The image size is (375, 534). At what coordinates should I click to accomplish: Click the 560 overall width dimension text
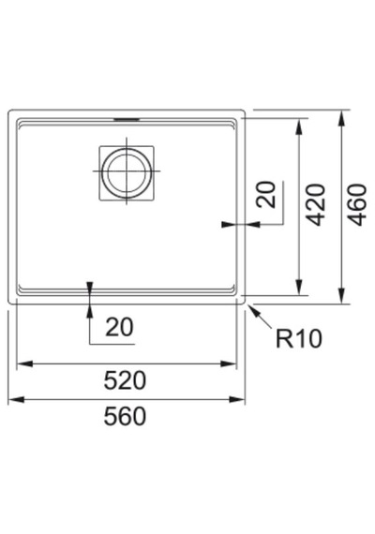pos(125,416)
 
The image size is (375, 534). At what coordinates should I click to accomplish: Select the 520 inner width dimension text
pos(125,380)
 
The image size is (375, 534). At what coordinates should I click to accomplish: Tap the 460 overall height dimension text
pos(357,204)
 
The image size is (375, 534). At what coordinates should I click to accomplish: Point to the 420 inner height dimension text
pos(315,204)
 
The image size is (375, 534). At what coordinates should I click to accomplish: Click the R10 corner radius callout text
pos(299,338)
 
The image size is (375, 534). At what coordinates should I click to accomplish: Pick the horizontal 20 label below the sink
pos(119,327)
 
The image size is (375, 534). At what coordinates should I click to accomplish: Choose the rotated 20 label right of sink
pos(266,195)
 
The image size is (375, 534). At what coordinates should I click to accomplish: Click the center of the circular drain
pos(127,171)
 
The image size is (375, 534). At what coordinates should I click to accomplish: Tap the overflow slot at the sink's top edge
pos(127,119)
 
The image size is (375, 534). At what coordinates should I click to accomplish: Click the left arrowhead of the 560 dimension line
pos(16,399)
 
